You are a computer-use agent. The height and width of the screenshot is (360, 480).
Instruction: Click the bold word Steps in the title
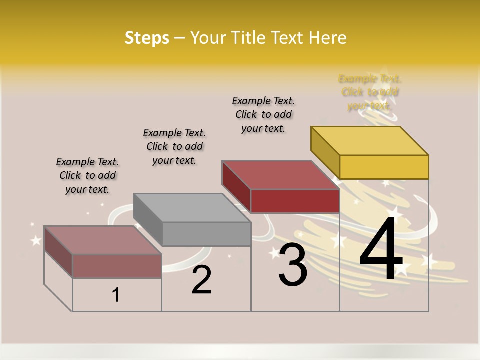click(x=147, y=38)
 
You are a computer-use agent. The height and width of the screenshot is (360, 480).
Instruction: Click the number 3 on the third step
click(x=293, y=266)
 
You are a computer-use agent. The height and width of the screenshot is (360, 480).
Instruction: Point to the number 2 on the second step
click(x=201, y=280)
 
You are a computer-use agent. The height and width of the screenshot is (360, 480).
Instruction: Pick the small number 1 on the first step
click(x=116, y=295)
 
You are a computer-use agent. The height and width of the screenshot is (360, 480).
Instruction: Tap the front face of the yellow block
click(x=384, y=167)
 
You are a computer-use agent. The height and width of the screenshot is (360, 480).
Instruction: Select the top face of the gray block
click(x=191, y=207)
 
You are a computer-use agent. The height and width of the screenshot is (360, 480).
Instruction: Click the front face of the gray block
click(x=207, y=234)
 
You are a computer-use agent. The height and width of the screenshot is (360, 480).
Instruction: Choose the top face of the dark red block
click(x=280, y=175)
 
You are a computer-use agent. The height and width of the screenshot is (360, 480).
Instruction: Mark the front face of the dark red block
click(x=295, y=201)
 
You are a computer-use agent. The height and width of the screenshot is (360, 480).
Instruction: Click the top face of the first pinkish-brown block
click(x=103, y=240)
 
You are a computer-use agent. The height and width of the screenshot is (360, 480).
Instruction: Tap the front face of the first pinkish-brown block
click(x=117, y=266)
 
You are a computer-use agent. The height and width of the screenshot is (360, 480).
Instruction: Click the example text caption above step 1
click(x=87, y=175)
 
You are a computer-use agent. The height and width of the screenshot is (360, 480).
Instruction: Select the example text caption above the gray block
click(x=174, y=146)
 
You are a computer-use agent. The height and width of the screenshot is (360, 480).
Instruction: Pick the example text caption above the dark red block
click(x=263, y=114)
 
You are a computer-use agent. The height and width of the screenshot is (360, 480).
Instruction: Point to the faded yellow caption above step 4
click(x=370, y=92)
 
